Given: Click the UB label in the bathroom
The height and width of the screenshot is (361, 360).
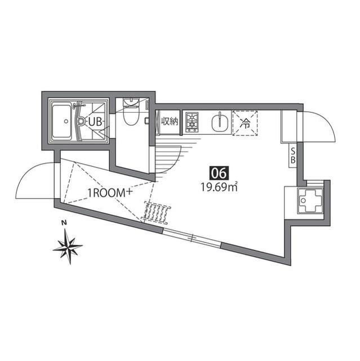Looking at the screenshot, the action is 95,122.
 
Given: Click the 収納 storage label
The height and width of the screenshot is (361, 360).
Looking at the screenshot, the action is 170,121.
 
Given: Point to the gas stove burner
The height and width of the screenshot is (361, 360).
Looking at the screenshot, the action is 192,122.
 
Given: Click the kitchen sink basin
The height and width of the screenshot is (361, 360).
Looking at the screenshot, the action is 220,123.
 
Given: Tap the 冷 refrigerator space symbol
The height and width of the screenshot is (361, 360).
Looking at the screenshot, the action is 245,123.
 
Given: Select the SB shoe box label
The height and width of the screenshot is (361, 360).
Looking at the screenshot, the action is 292,156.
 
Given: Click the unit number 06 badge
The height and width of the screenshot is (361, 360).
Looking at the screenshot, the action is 219,173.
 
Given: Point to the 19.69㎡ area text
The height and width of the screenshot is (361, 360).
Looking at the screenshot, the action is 219,187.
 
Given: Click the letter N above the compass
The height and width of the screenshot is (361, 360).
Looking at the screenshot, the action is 64,223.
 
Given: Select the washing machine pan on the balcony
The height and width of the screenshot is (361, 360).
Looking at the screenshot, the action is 310,201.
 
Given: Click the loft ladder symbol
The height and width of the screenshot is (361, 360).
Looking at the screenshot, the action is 157,212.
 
